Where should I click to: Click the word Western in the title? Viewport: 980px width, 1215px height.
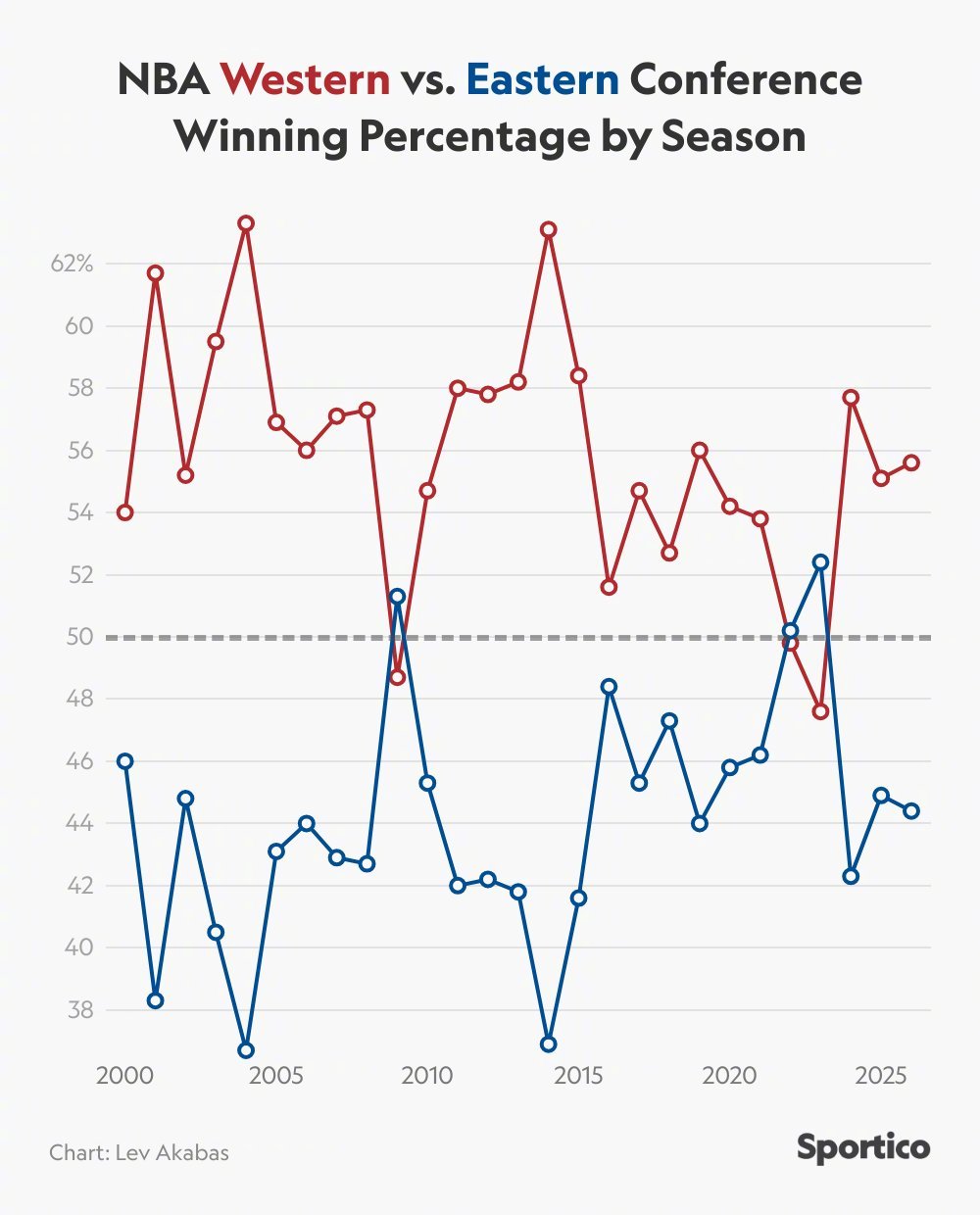(x=305, y=79)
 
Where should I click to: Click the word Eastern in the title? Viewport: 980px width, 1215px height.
(x=543, y=79)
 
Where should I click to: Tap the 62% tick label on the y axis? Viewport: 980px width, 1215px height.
(x=72, y=264)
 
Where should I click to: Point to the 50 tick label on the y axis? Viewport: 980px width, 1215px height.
(x=79, y=637)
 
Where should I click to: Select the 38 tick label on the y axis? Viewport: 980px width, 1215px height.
(x=79, y=1010)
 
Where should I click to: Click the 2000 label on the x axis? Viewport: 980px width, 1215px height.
(x=124, y=1075)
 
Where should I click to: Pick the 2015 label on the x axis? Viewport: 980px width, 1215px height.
(x=578, y=1075)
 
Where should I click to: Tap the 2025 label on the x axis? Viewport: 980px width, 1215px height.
(x=881, y=1075)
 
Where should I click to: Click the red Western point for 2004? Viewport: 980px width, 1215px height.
(x=246, y=223)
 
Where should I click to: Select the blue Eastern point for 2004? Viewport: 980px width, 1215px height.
(x=246, y=1050)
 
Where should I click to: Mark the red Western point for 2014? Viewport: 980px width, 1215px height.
(x=549, y=229)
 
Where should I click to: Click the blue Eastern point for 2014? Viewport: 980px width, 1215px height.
(x=549, y=1045)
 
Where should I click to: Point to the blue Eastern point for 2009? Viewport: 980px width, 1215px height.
(x=397, y=596)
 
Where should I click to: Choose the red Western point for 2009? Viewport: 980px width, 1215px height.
(x=397, y=677)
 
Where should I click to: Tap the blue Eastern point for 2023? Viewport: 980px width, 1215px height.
(x=821, y=562)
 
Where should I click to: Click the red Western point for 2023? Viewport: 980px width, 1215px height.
(x=821, y=711)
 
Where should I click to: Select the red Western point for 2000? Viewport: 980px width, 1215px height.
(x=124, y=512)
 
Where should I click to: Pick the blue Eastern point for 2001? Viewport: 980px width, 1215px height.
(x=155, y=1000)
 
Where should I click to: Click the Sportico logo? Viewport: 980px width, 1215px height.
(x=862, y=1147)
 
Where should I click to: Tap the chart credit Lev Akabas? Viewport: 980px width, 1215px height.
(x=139, y=1151)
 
